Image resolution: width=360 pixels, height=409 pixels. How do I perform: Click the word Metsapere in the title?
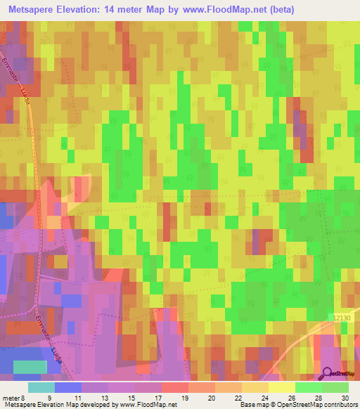click(x=34, y=9)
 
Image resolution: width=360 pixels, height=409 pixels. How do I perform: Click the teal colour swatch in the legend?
click(x=41, y=387)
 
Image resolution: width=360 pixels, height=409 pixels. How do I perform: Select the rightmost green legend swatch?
click(x=335, y=387)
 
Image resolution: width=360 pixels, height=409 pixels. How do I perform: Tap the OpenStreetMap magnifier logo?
click(x=328, y=373)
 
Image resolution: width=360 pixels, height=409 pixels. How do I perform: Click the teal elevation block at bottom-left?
click(x=31, y=367)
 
